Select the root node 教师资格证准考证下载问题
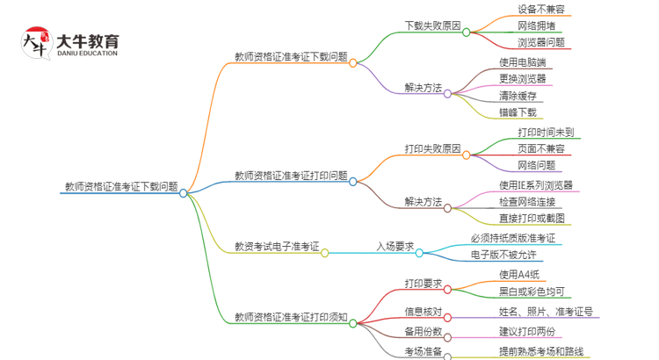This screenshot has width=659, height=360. click(x=121, y=186)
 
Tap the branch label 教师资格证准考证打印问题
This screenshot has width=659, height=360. click(x=290, y=176)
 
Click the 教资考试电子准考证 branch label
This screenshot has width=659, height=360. click(x=277, y=247)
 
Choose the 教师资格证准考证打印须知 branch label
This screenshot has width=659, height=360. click(x=290, y=317)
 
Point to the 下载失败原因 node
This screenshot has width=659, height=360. click(x=432, y=25)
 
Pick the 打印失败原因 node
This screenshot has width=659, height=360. click(x=432, y=149)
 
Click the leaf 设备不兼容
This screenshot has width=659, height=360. click(x=541, y=10)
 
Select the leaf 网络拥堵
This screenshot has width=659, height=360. click(x=536, y=25)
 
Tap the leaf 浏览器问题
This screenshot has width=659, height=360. click(x=541, y=41)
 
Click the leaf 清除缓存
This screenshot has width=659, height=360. click(x=518, y=95)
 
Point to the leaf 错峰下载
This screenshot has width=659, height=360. click(x=518, y=112)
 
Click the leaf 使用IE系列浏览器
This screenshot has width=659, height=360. click(x=535, y=185)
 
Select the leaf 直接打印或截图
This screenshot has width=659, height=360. click(x=532, y=218)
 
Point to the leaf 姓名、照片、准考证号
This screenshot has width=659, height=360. click(x=545, y=311)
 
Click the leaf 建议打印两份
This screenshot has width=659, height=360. click(x=527, y=331)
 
